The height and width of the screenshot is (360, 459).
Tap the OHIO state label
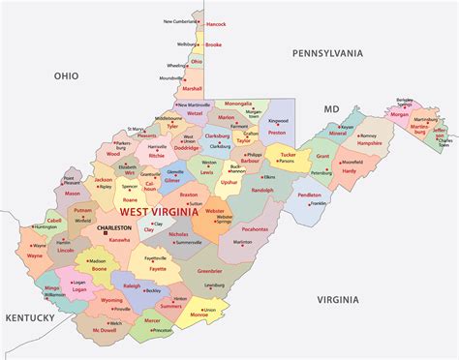click(x=66, y=75)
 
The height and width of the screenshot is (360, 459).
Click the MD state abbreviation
click(x=331, y=109)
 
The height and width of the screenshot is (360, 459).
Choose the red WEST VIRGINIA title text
click(x=159, y=210)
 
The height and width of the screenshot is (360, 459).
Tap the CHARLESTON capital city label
click(x=120, y=229)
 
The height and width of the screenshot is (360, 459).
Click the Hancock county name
click(x=215, y=23)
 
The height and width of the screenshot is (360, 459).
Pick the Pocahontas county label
click(x=256, y=229)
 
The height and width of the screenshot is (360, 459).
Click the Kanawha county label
click(x=120, y=239)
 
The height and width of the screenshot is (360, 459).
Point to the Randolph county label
click(x=262, y=190)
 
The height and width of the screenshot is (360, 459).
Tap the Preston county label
click(x=278, y=132)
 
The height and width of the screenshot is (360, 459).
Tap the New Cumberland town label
click(x=180, y=20)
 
